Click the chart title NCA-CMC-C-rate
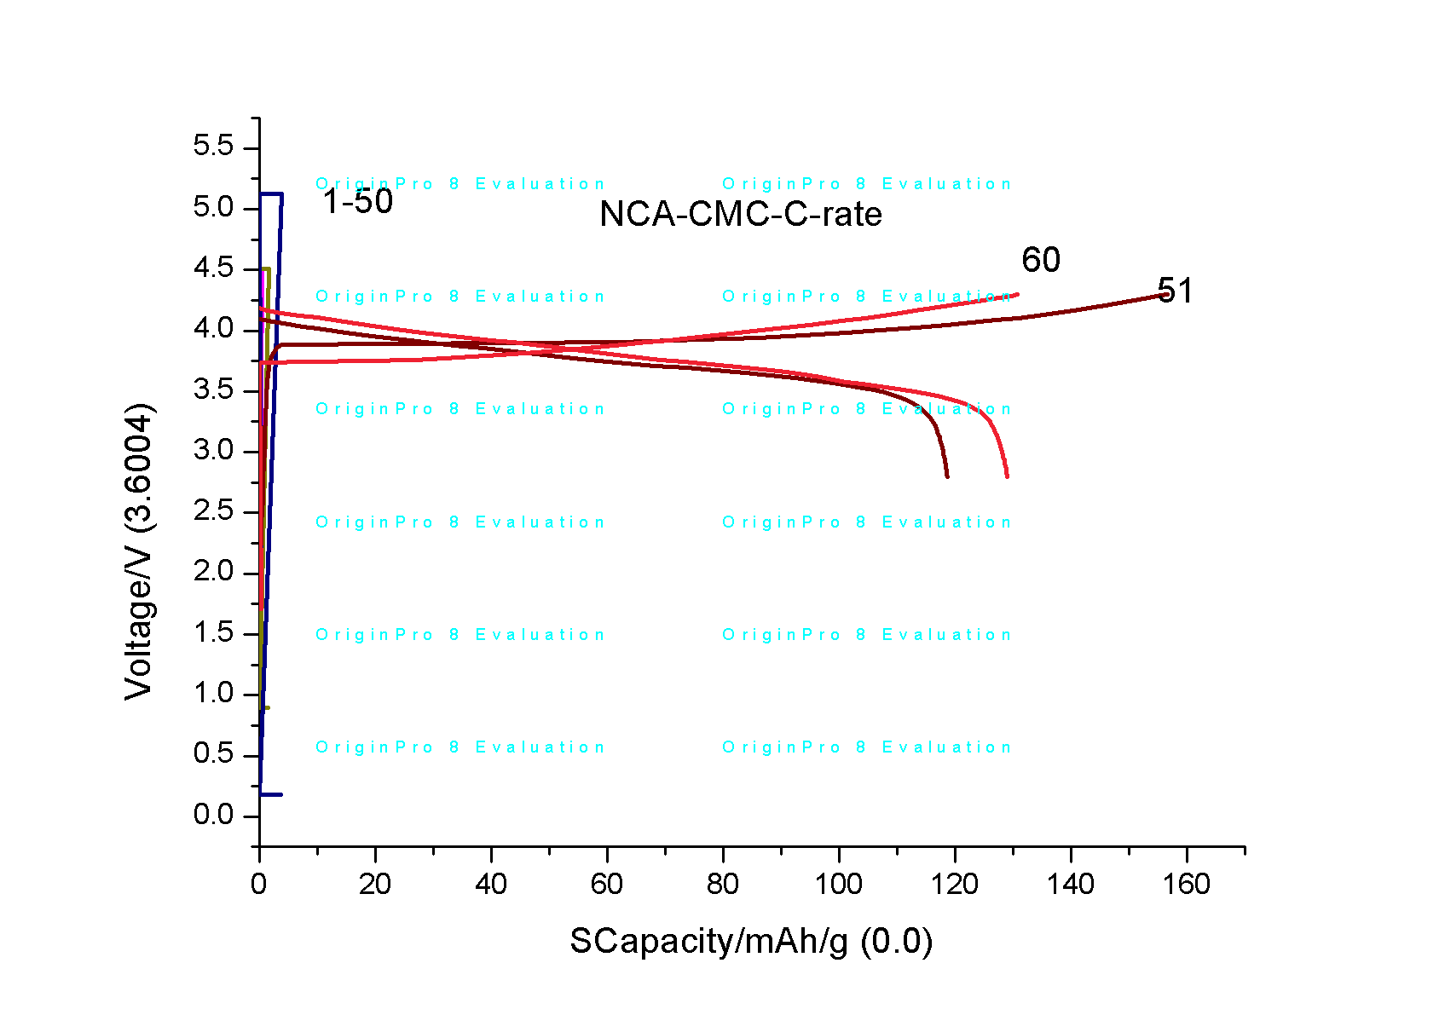(x=740, y=214)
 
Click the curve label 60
(x=1040, y=260)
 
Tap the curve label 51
(x=1175, y=291)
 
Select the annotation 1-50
(x=358, y=202)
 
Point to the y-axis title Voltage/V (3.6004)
(x=139, y=552)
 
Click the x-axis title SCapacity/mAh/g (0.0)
(x=751, y=942)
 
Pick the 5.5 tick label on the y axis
(x=213, y=147)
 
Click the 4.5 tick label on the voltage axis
(x=213, y=268)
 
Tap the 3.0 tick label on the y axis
(x=213, y=450)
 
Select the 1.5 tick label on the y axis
(x=213, y=632)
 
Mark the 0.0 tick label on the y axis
(x=213, y=816)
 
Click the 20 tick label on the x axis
(x=374, y=885)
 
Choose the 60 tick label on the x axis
(x=606, y=885)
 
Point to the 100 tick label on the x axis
(x=838, y=885)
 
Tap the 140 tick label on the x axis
(x=1070, y=885)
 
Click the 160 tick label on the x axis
(x=1186, y=885)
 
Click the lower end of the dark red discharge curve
(x=947, y=476)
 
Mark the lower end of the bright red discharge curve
(x=1007, y=476)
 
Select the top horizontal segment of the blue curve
(x=271, y=194)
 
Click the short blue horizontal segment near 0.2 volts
(x=271, y=794)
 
